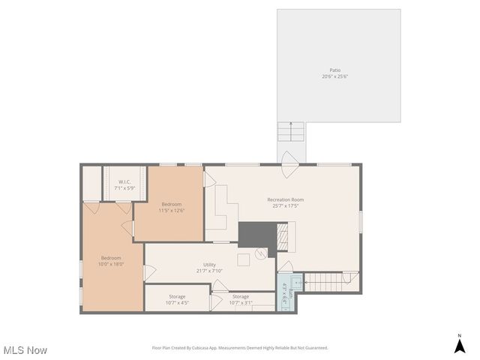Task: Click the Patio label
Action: pos(334,70)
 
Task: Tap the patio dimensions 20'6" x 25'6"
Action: pos(334,76)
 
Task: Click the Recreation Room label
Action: pos(286,199)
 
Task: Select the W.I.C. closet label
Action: pos(124,182)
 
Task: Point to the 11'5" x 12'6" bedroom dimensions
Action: pos(171,211)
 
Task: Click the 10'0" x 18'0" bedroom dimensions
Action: pos(110,264)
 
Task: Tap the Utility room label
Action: pos(209,264)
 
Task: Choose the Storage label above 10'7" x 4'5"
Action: pos(177,296)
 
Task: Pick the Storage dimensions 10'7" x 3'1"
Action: pos(241,303)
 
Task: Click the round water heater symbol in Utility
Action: pos(260,253)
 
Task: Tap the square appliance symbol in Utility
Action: pos(243,259)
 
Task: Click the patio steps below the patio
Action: pos(290,132)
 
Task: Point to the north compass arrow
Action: pos(459,346)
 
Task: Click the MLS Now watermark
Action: pos(25,350)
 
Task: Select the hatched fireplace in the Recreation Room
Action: pos(283,239)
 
